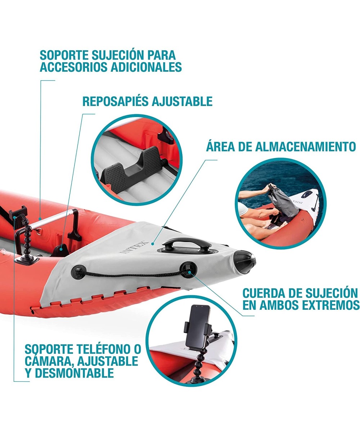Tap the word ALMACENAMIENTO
(306, 147)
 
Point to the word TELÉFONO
(105, 349)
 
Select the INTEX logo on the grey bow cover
(134, 247)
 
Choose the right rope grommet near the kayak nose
(188, 270)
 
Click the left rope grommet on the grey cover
(79, 272)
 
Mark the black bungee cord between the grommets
(133, 275)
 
